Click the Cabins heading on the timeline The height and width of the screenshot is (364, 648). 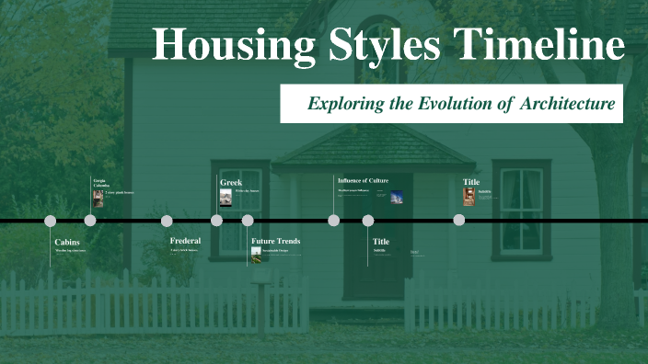click(67, 242)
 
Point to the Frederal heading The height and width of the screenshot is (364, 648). click(185, 241)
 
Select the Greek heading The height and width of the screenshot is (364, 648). click(230, 182)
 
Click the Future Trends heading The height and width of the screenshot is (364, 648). click(275, 241)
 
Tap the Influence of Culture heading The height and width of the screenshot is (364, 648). click(363, 181)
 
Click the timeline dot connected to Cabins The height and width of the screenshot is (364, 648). click(51, 221)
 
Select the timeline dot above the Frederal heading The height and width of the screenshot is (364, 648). click(167, 221)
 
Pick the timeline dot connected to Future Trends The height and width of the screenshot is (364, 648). click(248, 221)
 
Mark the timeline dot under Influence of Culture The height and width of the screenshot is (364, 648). click(333, 221)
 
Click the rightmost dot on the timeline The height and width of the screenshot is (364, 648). click(458, 221)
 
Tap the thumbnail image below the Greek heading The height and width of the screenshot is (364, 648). click(226, 198)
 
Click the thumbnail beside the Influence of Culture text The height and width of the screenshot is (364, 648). click(396, 196)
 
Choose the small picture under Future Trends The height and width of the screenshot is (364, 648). click(256, 253)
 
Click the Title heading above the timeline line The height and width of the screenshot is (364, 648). click(471, 182)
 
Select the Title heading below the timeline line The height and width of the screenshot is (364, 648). click(381, 241)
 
